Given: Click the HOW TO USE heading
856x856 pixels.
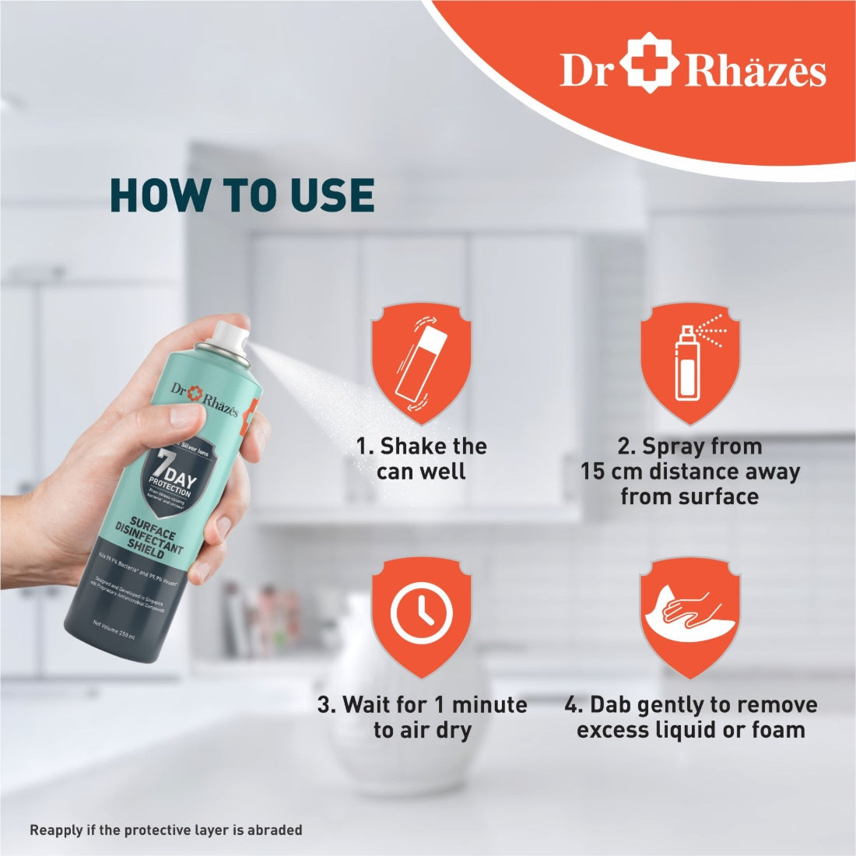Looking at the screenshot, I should click(x=242, y=195).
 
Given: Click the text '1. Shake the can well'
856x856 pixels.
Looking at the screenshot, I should click(x=421, y=458).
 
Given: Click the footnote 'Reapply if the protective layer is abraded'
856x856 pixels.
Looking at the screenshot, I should click(x=166, y=830).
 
